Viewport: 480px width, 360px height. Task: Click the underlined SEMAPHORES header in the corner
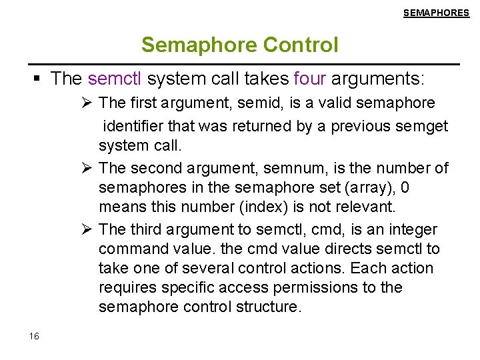point(436,13)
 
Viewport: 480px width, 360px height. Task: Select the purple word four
point(309,79)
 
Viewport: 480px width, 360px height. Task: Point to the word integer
point(413,230)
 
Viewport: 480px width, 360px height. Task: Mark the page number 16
point(35,336)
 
